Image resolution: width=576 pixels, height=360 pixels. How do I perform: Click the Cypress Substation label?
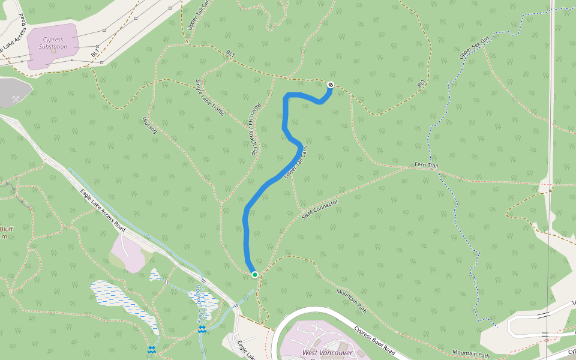pyautogui.click(x=53, y=43)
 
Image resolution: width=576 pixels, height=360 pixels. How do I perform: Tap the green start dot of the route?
pyautogui.click(x=255, y=275)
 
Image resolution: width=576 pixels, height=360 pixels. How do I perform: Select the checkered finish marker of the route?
pyautogui.click(x=331, y=85)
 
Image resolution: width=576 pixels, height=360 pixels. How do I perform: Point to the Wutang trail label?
pyautogui.click(x=150, y=125)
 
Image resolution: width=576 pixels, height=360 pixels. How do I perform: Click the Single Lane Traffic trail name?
pyautogui.click(x=210, y=97)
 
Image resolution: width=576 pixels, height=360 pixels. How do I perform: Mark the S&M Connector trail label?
pyautogui.click(x=320, y=209)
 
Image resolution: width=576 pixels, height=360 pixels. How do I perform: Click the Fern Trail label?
pyautogui.click(x=428, y=164)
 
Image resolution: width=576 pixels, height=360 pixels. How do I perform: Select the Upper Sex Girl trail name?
pyautogui.click(x=474, y=47)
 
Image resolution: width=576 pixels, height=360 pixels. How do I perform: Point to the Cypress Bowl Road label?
pyautogui.click(x=374, y=341)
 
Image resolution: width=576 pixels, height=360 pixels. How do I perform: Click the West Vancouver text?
pyautogui.click(x=327, y=353)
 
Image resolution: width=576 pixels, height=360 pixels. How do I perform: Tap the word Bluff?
pyautogui.click(x=6, y=229)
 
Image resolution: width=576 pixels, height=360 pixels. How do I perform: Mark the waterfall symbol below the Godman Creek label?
pyautogui.click(x=202, y=329)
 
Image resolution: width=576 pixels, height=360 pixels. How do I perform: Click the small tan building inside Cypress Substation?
pyautogui.click(x=53, y=50)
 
